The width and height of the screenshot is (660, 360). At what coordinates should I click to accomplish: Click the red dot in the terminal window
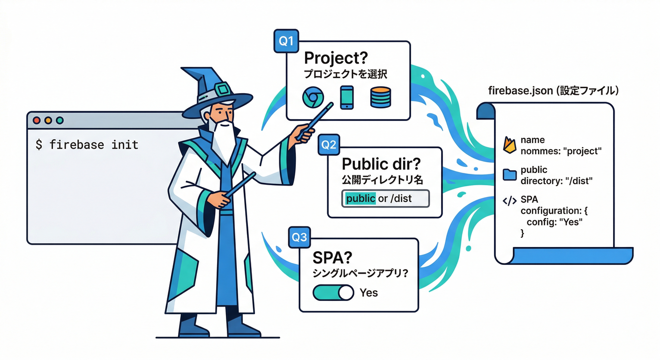click(x=37, y=120)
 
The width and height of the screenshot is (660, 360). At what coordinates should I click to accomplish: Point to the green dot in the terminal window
click(x=60, y=120)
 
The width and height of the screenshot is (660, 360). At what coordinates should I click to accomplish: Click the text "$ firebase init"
click(x=87, y=144)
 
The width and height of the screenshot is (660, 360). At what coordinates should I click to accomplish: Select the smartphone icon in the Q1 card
click(x=346, y=97)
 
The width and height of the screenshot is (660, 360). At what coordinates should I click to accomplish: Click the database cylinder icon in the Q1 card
click(x=380, y=97)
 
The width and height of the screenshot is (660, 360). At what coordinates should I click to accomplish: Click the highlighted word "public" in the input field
click(x=360, y=198)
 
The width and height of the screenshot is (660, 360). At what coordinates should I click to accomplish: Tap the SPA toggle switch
click(x=333, y=293)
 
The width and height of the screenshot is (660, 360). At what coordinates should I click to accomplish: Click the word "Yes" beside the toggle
click(x=368, y=293)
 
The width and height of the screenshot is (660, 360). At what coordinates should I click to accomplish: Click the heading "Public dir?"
click(x=381, y=164)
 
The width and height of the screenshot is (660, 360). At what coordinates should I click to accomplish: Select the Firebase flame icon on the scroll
click(x=510, y=145)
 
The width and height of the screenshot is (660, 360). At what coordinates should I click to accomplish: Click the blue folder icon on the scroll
click(x=510, y=175)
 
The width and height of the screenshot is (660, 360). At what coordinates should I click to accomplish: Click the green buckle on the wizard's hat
click(x=222, y=90)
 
